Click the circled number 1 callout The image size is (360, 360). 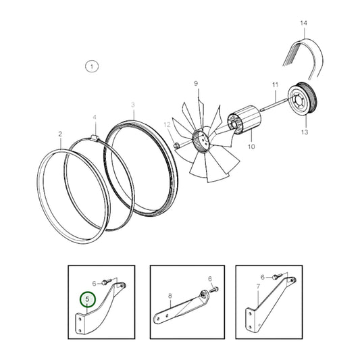[x=92, y=67]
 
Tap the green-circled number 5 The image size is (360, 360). [x=87, y=299]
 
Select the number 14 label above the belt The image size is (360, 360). [x=303, y=23]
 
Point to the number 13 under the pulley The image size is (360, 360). [x=305, y=132]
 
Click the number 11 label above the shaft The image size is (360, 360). [x=275, y=84]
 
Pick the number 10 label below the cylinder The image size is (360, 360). [x=251, y=147]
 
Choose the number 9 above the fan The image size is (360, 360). [x=196, y=83]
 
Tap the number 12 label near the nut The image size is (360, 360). [x=167, y=125]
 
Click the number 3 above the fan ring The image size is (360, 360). [x=133, y=105]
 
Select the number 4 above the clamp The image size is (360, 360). [x=95, y=118]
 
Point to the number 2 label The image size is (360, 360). [x=60, y=134]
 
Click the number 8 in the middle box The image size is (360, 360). [x=170, y=296]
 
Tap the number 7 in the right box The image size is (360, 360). [x=258, y=286]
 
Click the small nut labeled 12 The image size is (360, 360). [x=176, y=145]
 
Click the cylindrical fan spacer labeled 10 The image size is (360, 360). [x=245, y=120]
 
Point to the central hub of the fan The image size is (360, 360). [x=201, y=140]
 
